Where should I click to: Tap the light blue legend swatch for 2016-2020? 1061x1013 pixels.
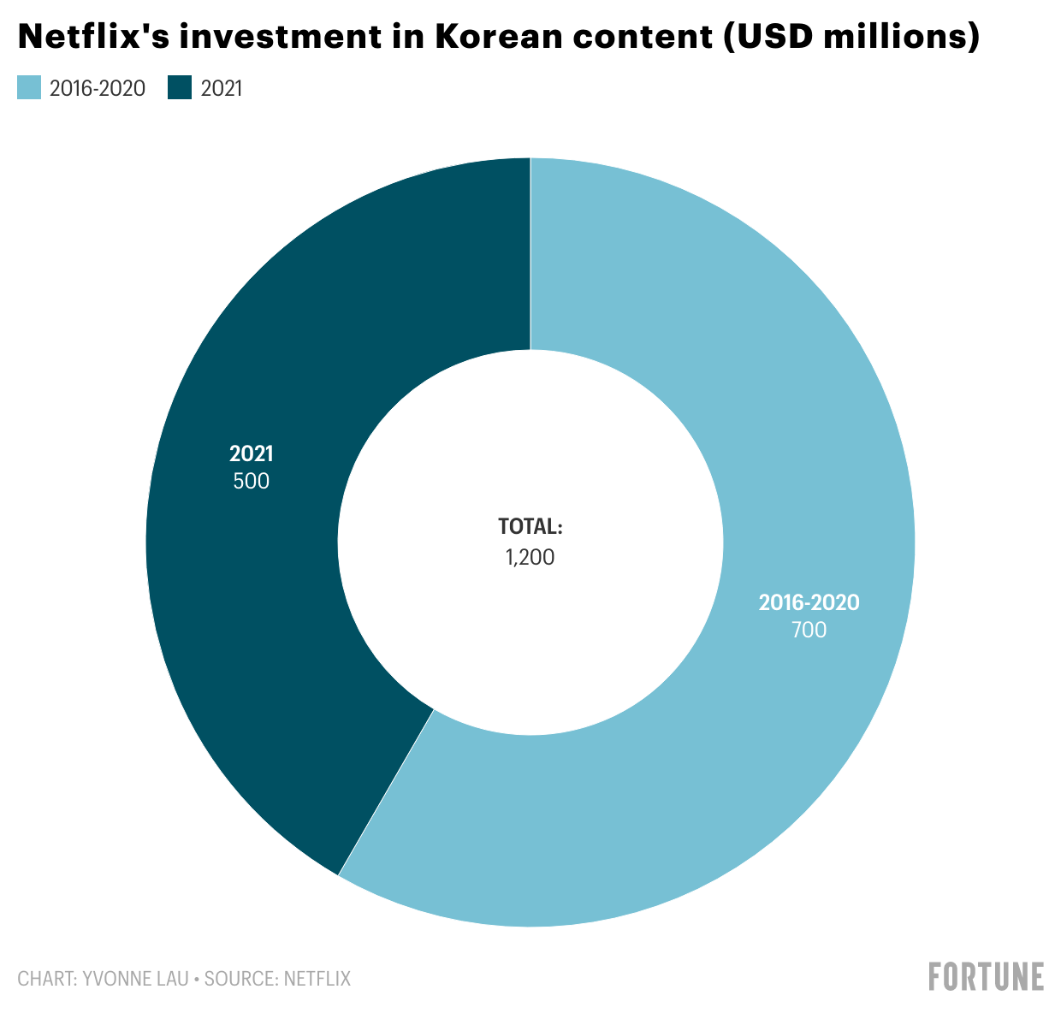coord(29,88)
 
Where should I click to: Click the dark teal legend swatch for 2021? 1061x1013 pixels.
coord(180,88)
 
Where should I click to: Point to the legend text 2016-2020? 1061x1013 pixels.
coord(97,88)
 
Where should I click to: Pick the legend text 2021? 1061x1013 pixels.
coord(222,88)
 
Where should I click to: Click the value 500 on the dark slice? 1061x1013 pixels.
coord(251,482)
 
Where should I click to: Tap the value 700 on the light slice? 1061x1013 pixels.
coord(809,631)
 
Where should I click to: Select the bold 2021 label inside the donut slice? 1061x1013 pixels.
coord(251,454)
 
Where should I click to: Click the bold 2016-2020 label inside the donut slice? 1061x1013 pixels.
coord(809,603)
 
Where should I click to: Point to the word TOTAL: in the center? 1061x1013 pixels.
coord(530,527)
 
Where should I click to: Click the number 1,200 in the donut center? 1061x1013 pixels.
coord(530,558)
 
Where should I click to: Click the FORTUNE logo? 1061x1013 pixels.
coord(986,976)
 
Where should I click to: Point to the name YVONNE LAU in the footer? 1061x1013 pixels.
coord(135,979)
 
